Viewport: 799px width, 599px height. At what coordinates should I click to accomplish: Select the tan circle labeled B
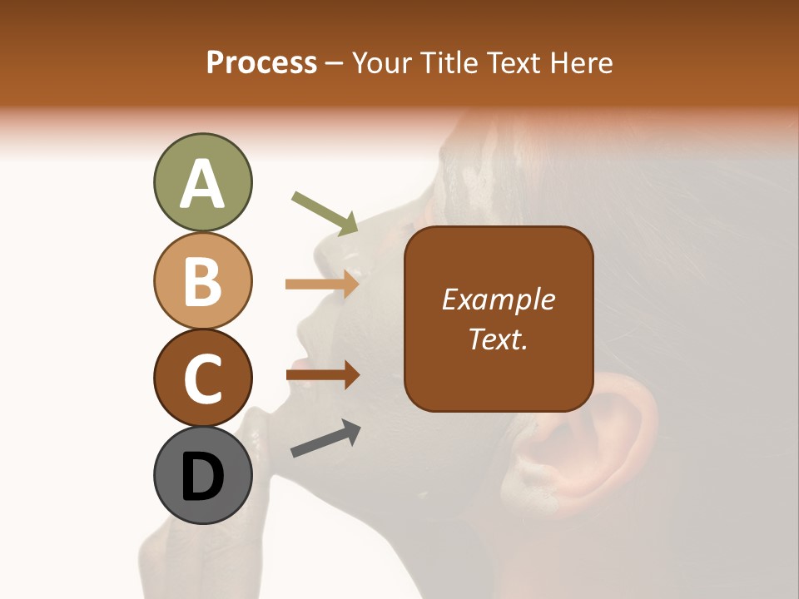pyautogui.click(x=202, y=281)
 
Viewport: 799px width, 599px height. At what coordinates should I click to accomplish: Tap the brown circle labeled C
pyautogui.click(x=202, y=378)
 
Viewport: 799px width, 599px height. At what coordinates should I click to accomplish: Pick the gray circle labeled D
pyautogui.click(x=202, y=475)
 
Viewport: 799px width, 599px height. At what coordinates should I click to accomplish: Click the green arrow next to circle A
pyautogui.click(x=325, y=213)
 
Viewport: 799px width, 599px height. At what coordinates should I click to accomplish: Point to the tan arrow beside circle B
pyautogui.click(x=323, y=284)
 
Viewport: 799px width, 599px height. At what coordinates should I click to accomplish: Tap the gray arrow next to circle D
pyautogui.click(x=325, y=438)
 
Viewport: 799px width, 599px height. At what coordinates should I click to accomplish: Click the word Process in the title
pyautogui.click(x=261, y=63)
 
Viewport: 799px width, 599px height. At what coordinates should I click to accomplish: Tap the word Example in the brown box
pyautogui.click(x=499, y=299)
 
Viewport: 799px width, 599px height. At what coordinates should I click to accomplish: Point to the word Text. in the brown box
pyautogui.click(x=499, y=339)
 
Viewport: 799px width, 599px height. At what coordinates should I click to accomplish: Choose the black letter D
pyautogui.click(x=202, y=477)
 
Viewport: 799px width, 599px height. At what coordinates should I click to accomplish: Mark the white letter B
pyautogui.click(x=202, y=281)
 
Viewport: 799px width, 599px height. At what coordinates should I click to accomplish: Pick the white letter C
pyautogui.click(x=202, y=378)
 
